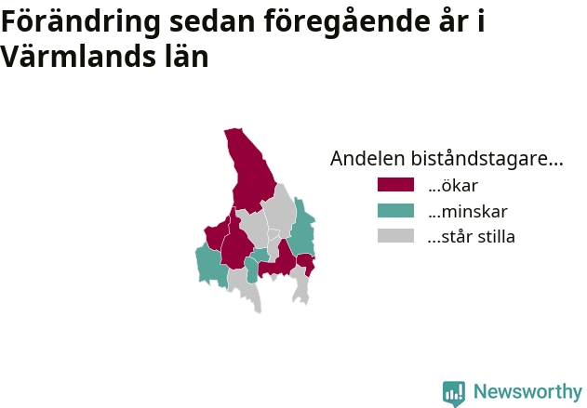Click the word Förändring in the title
(81, 22)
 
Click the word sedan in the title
(212, 22)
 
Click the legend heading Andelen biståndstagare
(447, 158)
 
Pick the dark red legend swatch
(395, 185)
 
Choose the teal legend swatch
(395, 211)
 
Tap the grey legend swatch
(395, 236)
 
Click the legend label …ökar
(453, 186)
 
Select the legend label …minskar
(468, 211)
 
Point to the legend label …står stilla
(472, 237)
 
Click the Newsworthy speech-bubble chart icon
(454, 393)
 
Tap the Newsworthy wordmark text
(527, 391)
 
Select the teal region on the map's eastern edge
(302, 228)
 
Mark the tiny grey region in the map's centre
(273, 234)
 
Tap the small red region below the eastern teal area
(306, 263)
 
